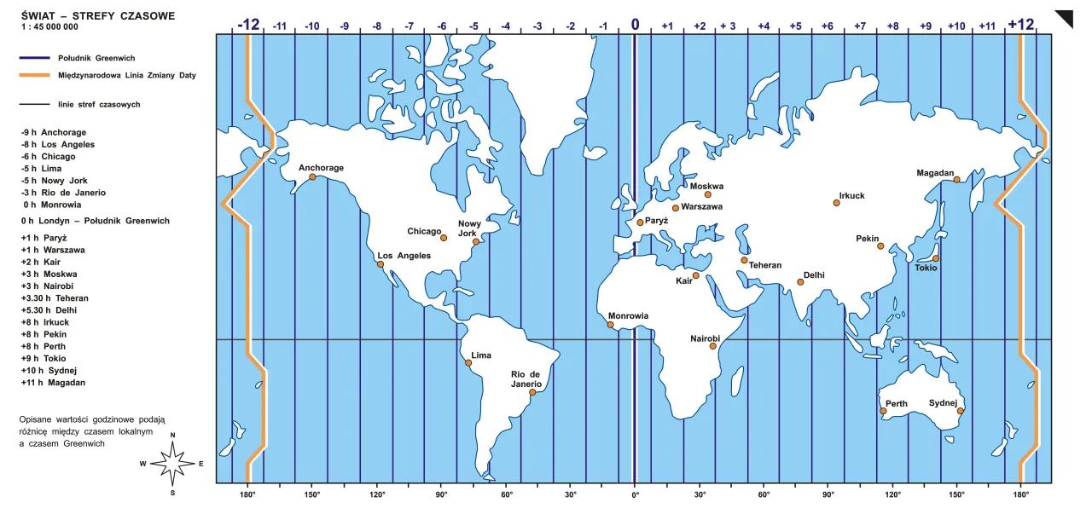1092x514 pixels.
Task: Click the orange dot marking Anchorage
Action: coord(312,177)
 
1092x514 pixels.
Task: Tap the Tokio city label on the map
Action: coord(926,268)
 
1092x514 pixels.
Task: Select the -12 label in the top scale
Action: coord(248,24)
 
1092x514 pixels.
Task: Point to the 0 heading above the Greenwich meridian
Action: coord(635,24)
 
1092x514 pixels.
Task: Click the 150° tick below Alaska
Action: coord(312,494)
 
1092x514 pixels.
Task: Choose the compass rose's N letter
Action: coord(173,436)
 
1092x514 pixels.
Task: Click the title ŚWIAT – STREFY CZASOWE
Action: coord(98,15)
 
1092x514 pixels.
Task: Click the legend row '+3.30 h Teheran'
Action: coord(55,298)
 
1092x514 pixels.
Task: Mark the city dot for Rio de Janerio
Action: coord(532,393)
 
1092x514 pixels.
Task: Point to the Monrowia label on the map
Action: coord(628,315)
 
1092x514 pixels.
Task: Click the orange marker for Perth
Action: coord(883,412)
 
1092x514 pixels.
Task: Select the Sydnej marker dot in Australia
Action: coord(960,412)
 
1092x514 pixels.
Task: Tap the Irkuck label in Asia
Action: coord(851,195)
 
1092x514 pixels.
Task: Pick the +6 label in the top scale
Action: coord(827,26)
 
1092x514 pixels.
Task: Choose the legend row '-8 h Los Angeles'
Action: coord(57,144)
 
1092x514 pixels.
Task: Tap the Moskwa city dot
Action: coord(707,194)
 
